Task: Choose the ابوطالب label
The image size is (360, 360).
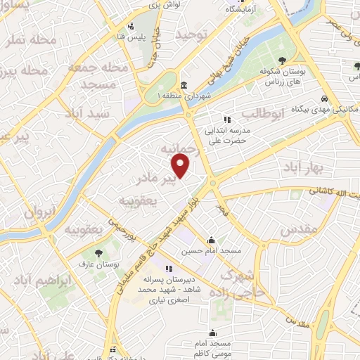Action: [264, 112]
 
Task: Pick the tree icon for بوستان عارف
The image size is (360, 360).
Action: [98, 252]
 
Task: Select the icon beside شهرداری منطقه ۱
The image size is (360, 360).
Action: [183, 83]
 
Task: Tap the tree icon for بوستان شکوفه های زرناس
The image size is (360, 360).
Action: [282, 61]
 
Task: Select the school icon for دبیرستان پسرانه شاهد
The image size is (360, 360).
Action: [169, 270]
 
